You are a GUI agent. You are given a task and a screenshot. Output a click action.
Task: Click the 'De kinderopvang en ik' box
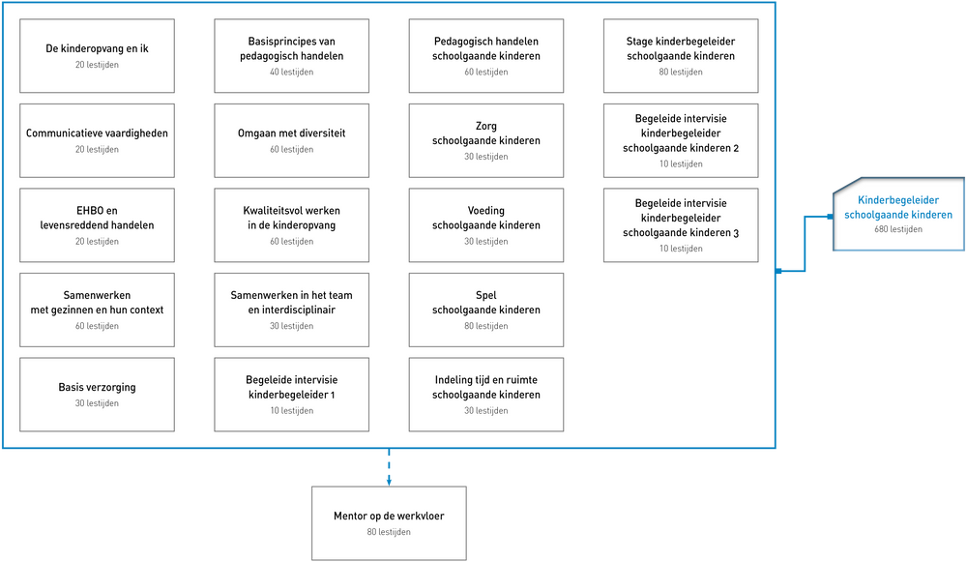coord(97,55)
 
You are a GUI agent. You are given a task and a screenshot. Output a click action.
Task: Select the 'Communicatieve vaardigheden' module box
coord(97,140)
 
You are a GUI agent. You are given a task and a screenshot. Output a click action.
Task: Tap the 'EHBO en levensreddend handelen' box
coord(97,225)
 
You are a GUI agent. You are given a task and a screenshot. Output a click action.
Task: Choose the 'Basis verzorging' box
coord(97,395)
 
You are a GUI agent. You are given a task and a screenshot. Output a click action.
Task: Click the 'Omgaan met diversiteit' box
coord(292,140)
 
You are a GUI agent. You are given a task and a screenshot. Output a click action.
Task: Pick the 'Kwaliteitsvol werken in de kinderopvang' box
coord(292,225)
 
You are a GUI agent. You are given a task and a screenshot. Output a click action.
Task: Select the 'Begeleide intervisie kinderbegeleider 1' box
coord(292,395)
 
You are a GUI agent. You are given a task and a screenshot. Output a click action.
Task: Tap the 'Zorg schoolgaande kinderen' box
coord(486,140)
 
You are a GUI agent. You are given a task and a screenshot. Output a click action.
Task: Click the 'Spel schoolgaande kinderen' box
coord(486,310)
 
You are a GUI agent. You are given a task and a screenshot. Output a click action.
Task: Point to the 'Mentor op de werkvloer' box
coord(389,523)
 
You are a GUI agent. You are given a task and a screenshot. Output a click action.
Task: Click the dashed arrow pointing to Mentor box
coord(389,467)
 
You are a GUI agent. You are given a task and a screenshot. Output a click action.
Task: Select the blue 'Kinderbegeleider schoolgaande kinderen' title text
coord(898,207)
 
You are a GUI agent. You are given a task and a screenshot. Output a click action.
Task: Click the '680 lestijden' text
coord(898,229)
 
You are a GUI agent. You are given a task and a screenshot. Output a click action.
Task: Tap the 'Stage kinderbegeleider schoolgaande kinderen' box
coord(681,55)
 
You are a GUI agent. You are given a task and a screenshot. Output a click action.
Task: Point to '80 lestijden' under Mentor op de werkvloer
coord(389,532)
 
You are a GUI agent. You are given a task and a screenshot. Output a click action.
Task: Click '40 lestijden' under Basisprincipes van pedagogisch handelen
coord(292,72)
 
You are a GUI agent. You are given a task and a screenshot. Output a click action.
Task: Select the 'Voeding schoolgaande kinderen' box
coord(486,225)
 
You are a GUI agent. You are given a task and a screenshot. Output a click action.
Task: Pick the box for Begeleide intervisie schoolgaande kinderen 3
coord(681,225)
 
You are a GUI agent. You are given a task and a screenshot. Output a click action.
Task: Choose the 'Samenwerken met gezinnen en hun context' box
coord(97,310)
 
